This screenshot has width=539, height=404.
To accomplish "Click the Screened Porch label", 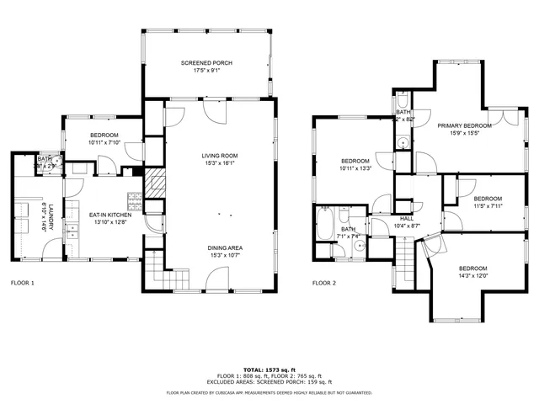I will (x=206, y=63).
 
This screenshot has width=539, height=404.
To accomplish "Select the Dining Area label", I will (x=225, y=247).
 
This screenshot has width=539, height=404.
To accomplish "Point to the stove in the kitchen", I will (x=133, y=200).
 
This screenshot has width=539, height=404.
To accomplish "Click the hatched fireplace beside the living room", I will (x=154, y=183).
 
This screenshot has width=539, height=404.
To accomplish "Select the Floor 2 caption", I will (x=324, y=283).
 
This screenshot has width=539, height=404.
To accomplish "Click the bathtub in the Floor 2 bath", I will (x=324, y=225).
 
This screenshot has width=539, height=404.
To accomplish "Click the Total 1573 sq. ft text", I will (x=269, y=369).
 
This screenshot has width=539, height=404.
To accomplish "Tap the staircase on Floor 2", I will (x=405, y=257).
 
